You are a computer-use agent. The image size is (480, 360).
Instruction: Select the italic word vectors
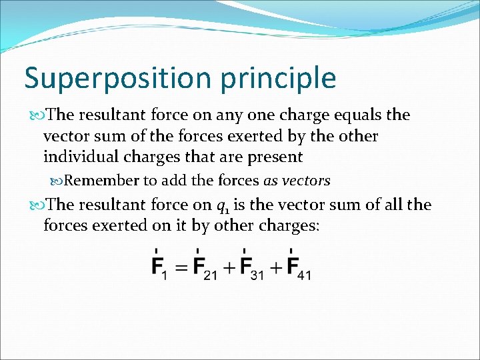tap(306, 181)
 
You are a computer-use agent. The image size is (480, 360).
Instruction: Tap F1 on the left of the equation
tap(159, 268)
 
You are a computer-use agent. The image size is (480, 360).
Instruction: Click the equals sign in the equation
tap(180, 268)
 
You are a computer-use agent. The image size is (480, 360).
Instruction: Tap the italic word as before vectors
tap(271, 181)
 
